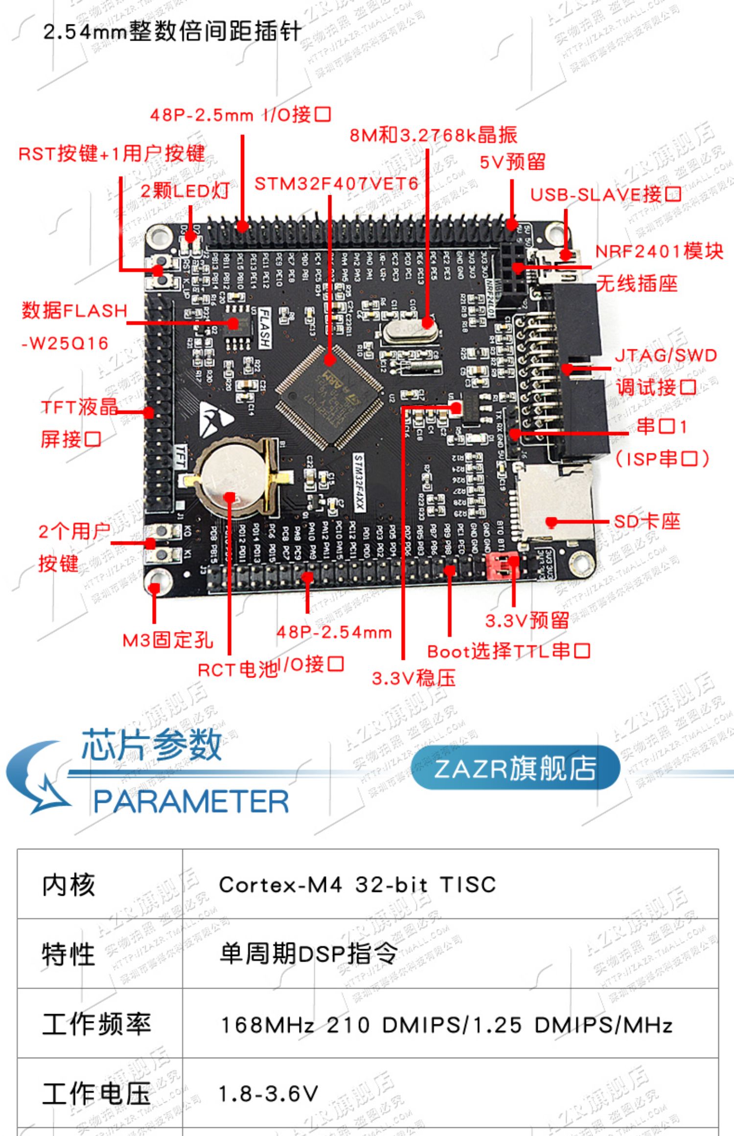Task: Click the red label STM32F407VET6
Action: tap(336, 184)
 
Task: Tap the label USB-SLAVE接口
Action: tap(606, 195)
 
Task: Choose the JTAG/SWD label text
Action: tap(665, 356)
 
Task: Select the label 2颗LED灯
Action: tap(184, 191)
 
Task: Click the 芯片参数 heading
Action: tap(152, 745)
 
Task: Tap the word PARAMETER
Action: tap(191, 802)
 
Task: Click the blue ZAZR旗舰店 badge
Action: tap(515, 768)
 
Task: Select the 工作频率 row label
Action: tap(96, 1024)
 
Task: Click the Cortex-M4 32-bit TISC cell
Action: tap(357, 885)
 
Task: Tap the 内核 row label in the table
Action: tap(69, 885)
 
